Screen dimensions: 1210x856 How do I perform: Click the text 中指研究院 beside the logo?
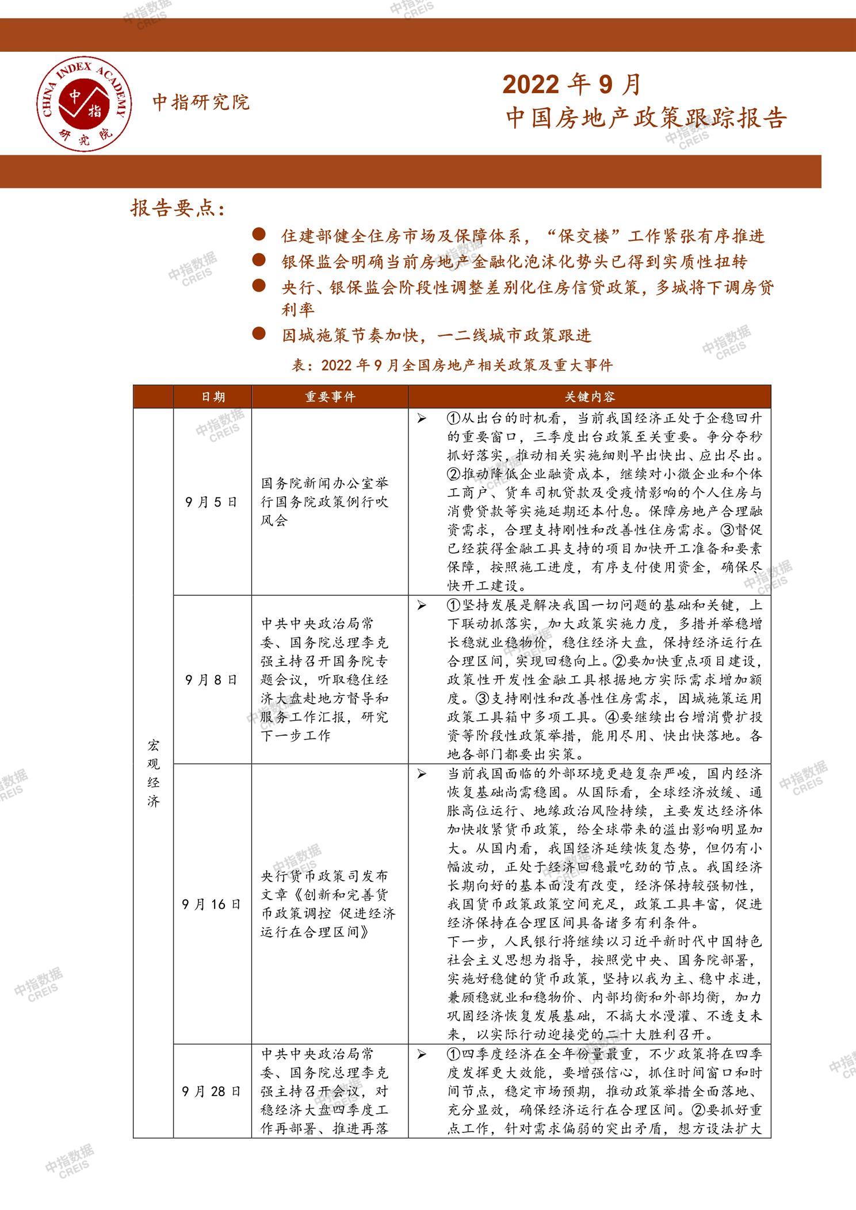201,102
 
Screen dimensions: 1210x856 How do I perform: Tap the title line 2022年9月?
572,85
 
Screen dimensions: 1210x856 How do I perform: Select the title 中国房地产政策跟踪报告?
646,118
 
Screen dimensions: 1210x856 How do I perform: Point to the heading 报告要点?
177,208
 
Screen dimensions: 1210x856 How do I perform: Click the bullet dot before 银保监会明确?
259,260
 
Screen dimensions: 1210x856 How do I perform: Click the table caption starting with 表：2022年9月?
452,365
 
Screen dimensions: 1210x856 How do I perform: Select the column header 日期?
212,397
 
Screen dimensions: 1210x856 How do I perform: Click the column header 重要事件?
330,397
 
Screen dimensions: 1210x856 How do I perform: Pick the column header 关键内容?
589,397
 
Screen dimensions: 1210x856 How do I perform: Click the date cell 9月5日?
212,502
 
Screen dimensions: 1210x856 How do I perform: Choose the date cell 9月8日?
212,680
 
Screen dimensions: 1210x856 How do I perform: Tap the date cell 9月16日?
212,904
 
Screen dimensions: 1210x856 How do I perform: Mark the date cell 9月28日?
212,1091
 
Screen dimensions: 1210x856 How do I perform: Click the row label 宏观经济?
153,773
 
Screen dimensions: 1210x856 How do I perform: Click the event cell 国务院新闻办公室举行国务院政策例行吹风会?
325,502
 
